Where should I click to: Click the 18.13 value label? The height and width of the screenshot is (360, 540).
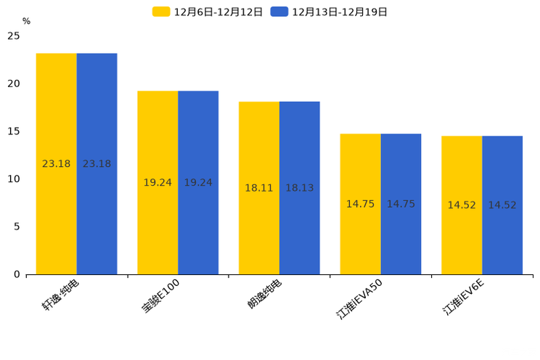pyautogui.click(x=300, y=188)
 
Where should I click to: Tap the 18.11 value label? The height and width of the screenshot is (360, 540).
pyautogui.click(x=259, y=188)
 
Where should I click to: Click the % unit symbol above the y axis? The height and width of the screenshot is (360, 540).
pyautogui.click(x=26, y=22)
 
